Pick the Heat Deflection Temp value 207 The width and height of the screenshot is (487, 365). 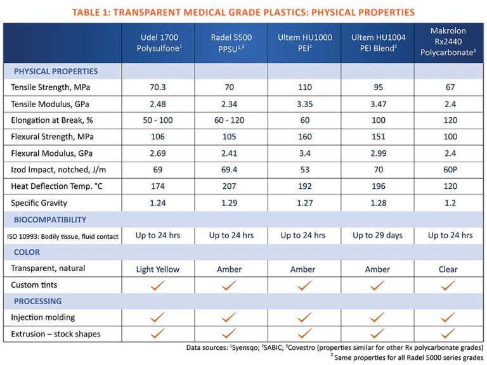(230, 186)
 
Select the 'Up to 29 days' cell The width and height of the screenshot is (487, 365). (377, 236)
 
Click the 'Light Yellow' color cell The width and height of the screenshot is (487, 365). (158, 269)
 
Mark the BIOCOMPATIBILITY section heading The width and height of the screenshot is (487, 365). (50, 219)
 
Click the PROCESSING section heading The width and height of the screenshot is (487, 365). (38, 302)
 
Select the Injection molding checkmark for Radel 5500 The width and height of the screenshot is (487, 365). (230, 317)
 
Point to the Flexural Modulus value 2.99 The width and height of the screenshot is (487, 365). (377, 153)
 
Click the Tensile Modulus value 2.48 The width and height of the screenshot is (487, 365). (158, 104)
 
